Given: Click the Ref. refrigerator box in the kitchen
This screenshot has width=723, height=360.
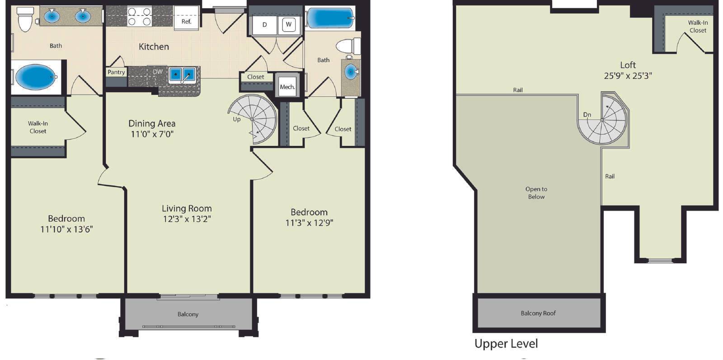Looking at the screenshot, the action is [187, 18].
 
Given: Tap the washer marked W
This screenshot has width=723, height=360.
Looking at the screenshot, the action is [289, 24].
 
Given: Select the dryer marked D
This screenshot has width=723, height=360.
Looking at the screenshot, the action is [264, 25].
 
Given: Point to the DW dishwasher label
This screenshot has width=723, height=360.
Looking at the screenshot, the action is [158, 72].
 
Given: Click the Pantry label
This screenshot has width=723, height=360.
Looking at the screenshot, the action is [116, 72].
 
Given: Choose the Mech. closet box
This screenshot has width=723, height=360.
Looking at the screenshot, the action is [287, 86].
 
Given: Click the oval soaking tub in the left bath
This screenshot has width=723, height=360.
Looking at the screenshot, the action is [36, 77].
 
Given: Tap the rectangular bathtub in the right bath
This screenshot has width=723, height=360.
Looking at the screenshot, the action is [329, 18].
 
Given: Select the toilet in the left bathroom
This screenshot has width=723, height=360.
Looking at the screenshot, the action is [25, 19].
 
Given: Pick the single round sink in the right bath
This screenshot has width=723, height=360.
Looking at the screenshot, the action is [351, 71].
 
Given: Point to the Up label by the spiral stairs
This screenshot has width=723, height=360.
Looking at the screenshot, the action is [237, 119].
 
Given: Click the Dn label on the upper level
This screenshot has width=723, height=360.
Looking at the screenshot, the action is [587, 115].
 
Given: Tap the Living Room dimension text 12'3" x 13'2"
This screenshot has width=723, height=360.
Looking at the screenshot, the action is [187, 219].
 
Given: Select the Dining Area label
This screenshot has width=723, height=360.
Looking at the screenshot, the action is [152, 124].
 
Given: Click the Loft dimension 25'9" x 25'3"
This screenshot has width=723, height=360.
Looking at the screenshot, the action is [628, 76].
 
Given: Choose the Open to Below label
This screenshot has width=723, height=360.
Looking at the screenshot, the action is [536, 193].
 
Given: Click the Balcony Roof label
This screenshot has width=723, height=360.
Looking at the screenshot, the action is [538, 313].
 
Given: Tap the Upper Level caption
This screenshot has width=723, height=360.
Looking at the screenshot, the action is [506, 344].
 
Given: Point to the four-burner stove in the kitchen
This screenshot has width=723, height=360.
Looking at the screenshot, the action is [139, 17].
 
